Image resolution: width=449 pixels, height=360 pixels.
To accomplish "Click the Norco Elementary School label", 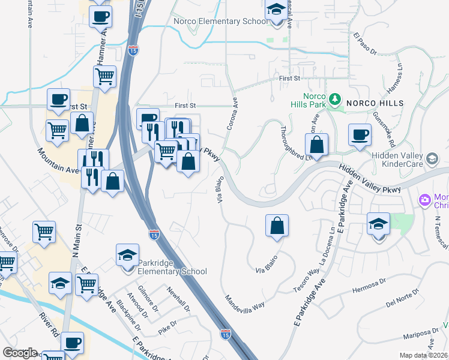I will (x=220, y=22).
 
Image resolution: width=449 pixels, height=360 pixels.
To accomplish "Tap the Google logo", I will (x=20, y=352).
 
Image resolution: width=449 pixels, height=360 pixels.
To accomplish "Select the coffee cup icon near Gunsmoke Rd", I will (x=360, y=135).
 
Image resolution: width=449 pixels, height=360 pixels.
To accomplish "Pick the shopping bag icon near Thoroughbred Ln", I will (x=316, y=145).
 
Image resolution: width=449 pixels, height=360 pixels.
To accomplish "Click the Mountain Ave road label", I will (x=59, y=161).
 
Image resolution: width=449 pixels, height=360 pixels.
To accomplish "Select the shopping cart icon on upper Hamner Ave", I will (x=105, y=77).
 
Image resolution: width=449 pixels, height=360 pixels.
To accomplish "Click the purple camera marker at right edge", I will (x=425, y=199).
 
